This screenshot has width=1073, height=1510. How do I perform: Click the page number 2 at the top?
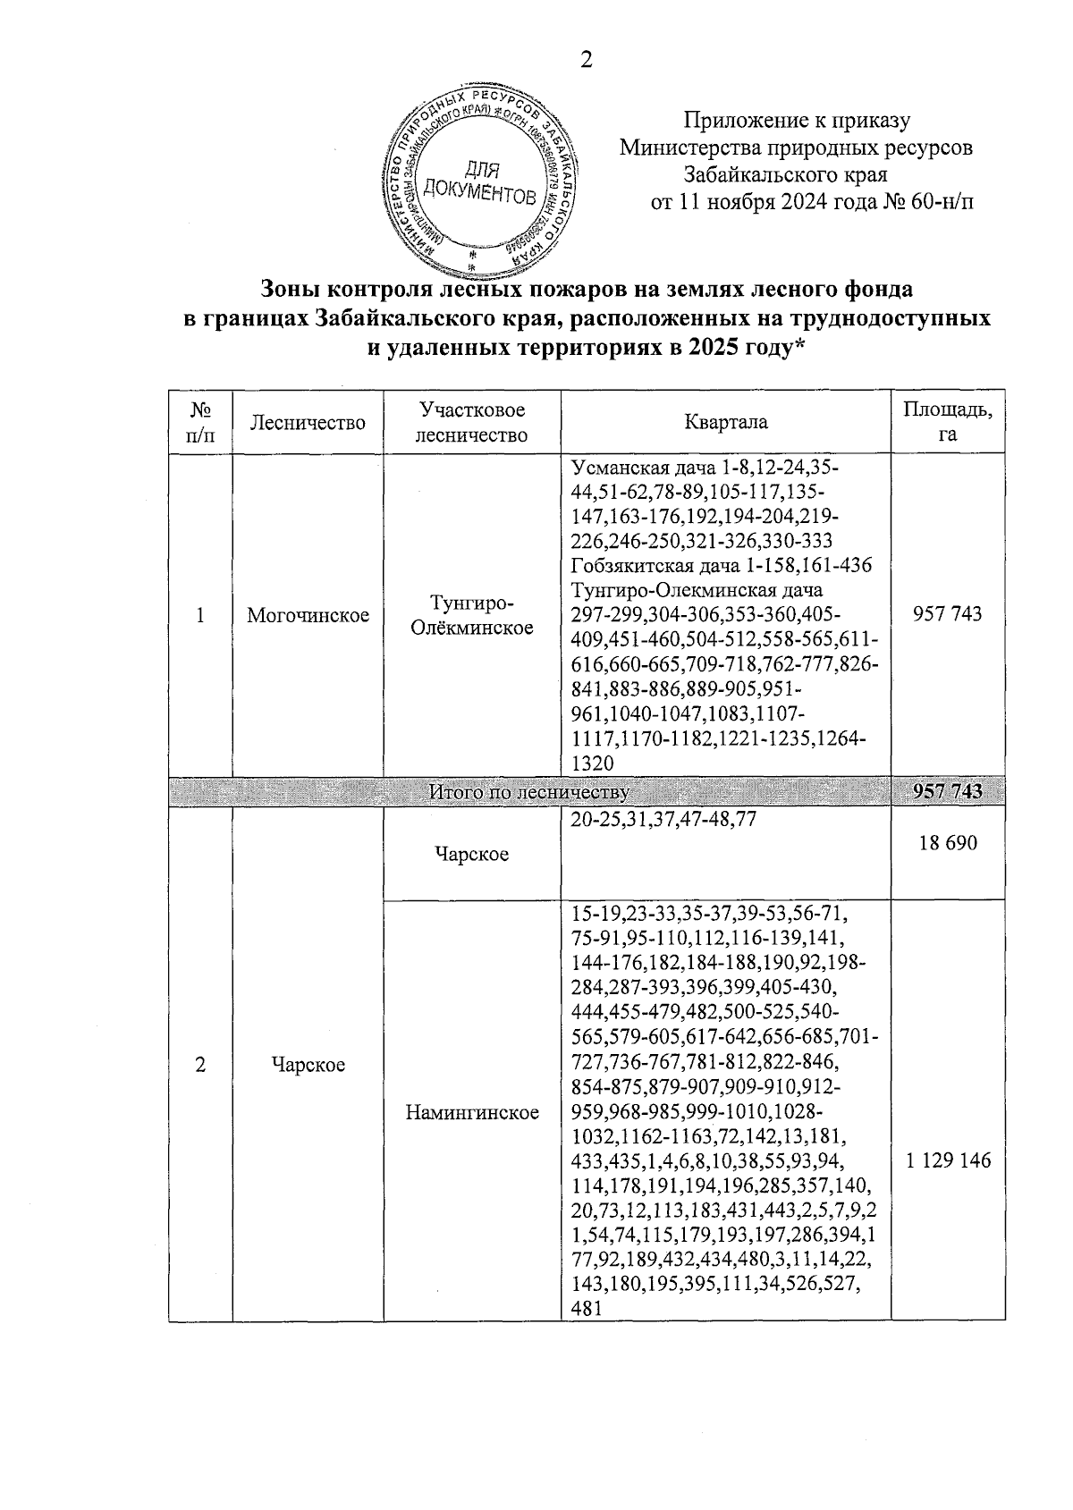(587, 61)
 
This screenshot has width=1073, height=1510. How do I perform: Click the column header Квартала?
(725, 422)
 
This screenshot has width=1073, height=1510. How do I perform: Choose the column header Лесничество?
(308, 422)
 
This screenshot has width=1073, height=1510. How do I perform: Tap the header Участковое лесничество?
(472, 422)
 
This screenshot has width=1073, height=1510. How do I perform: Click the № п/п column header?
(200, 422)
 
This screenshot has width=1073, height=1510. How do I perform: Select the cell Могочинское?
(308, 615)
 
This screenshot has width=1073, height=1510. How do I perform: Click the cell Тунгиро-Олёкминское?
(472, 615)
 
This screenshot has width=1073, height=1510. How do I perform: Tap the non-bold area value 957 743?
(947, 614)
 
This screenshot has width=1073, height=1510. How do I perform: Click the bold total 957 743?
(947, 791)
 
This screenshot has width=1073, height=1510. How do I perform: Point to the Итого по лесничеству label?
(529, 792)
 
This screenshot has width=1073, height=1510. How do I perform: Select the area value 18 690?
(947, 843)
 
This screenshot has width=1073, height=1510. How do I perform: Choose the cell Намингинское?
(472, 1112)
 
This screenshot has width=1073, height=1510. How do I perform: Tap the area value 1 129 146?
(948, 1160)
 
